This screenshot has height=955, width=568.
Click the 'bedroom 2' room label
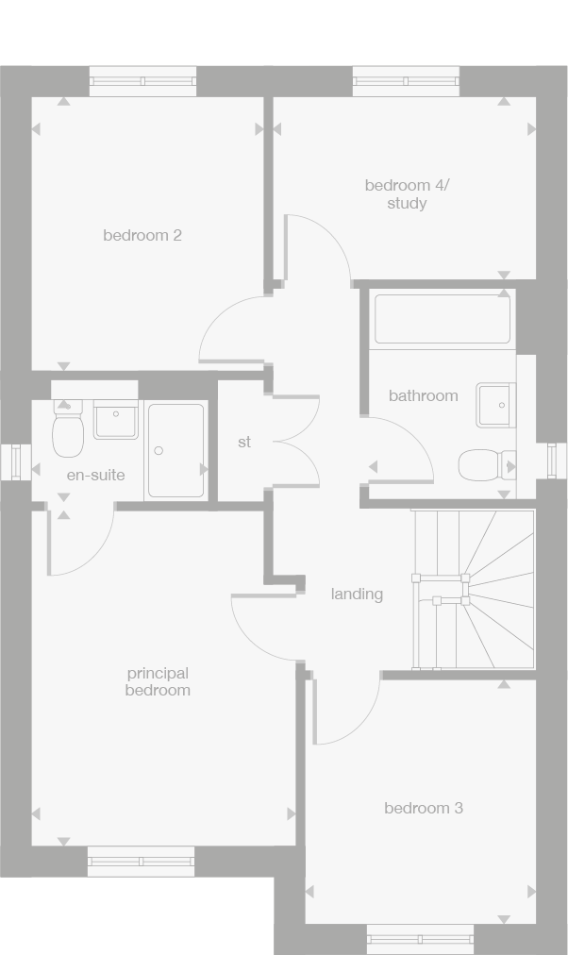click(142, 235)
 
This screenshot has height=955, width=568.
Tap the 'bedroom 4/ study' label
click(408, 193)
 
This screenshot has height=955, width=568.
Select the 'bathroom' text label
click(424, 395)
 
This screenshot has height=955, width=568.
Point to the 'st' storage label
click(244, 441)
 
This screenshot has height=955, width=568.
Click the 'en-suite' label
click(95, 475)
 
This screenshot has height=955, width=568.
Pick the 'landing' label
click(357, 594)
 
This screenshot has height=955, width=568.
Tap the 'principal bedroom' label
click(159, 681)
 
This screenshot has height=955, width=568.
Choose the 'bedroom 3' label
click(424, 808)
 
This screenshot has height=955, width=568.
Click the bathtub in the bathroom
click(443, 320)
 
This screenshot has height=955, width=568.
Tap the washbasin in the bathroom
click(496, 405)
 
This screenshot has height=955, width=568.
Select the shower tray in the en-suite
click(176, 450)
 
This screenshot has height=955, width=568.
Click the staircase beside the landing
click(474, 589)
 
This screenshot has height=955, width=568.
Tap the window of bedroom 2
click(142, 81)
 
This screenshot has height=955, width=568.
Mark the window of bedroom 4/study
click(407, 81)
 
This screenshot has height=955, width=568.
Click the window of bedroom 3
click(420, 939)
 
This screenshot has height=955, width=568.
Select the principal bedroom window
click(141, 861)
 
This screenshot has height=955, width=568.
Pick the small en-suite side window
click(16, 461)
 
